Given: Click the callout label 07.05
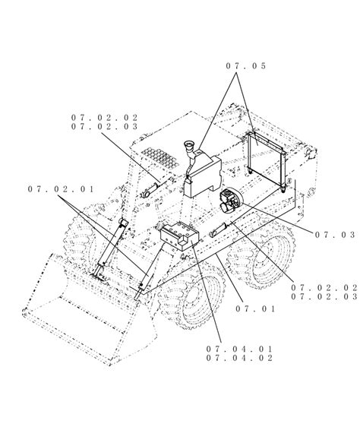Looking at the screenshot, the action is [x=245, y=66].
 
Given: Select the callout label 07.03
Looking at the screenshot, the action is [x=335, y=235].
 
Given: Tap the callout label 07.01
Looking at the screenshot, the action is [x=255, y=309].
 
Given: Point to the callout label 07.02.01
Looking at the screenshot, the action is [x=61, y=189].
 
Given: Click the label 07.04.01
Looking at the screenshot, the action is [x=239, y=349].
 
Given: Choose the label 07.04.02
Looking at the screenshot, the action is [x=239, y=358].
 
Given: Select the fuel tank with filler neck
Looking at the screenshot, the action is [x=202, y=172].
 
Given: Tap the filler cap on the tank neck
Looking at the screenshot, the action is [x=189, y=144].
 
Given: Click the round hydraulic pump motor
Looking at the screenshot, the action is [x=229, y=201].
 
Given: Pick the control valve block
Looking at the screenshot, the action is [x=179, y=236].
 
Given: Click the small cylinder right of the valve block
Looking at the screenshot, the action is [x=218, y=229].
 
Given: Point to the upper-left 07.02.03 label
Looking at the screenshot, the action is [x=105, y=127].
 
